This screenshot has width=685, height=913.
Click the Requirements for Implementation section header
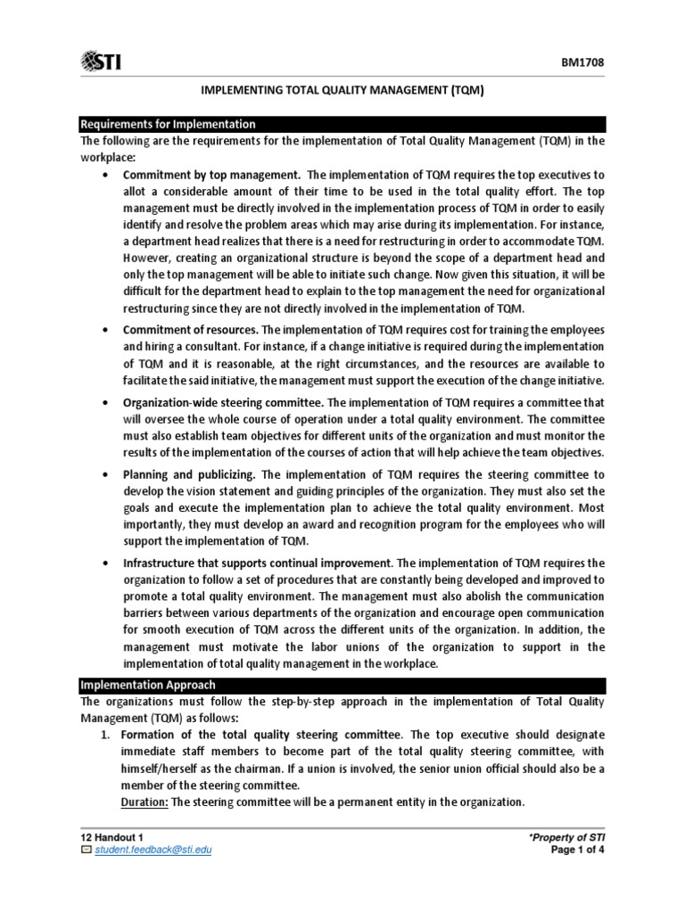(168, 124)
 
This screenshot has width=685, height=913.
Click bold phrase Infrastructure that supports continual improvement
(257, 563)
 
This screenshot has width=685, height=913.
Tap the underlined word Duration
(144, 802)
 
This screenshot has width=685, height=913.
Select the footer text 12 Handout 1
(112, 836)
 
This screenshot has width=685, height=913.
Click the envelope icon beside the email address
(86, 849)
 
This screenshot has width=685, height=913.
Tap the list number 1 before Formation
(103, 734)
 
